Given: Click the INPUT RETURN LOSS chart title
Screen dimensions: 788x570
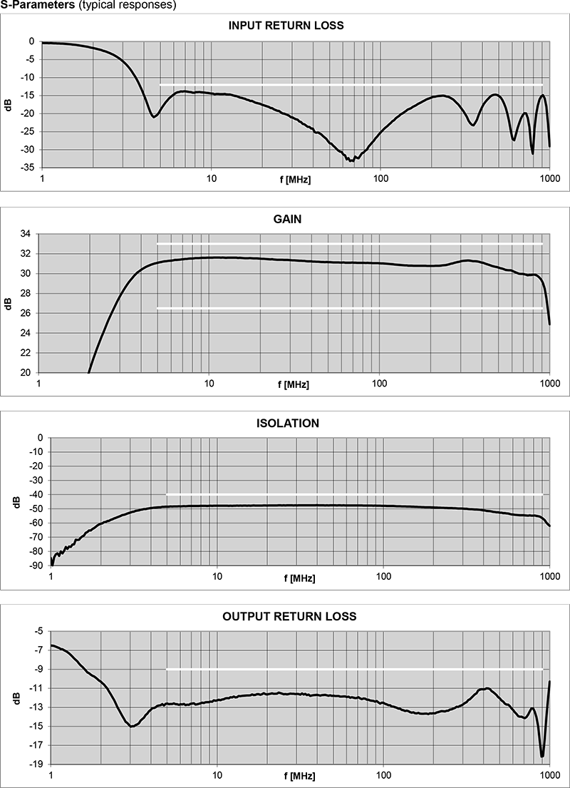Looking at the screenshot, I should click(285, 26).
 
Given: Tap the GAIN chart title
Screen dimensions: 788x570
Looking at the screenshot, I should click(287, 219).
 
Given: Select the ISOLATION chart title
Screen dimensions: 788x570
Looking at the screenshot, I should click(287, 423).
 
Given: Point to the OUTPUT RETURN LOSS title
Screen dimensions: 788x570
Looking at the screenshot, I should click(289, 616).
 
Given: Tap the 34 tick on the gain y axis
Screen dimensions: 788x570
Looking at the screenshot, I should click(26, 234).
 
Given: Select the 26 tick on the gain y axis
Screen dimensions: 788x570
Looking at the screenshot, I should click(26, 313).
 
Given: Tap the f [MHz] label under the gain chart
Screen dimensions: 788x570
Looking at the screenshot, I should click(294, 385).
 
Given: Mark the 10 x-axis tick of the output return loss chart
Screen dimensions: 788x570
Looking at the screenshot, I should click(217, 775).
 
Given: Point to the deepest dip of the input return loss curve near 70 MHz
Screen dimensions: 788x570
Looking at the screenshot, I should click(351, 160).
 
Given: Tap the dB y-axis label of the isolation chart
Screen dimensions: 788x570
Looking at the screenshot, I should click(16, 502).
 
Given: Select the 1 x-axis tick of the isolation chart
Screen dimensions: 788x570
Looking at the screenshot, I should click(51, 575).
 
